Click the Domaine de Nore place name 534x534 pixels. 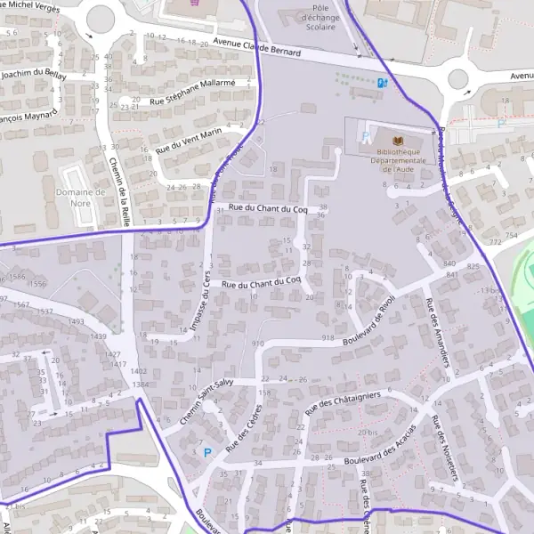click(81, 198)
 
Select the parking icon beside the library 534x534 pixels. click(367, 138)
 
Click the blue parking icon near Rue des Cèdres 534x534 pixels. click(207, 452)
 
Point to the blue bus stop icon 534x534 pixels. click(383, 83)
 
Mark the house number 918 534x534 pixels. click(328, 338)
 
